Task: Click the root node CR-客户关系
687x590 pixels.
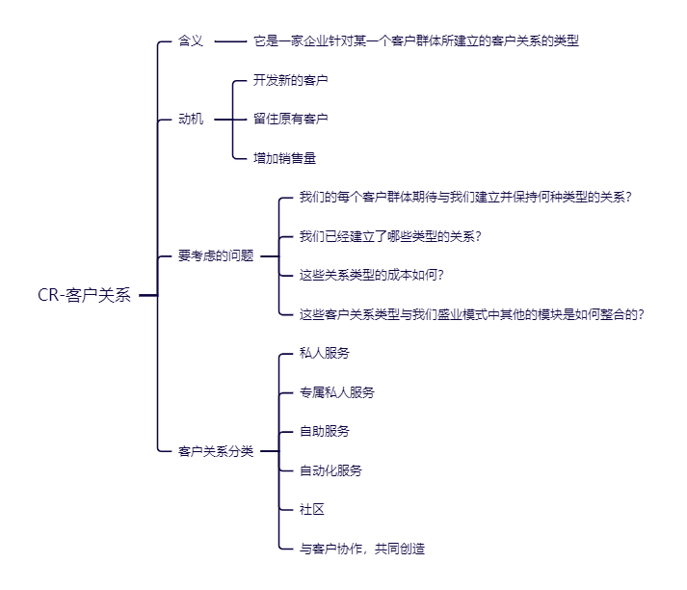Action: (x=84, y=296)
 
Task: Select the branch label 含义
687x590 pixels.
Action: (x=191, y=41)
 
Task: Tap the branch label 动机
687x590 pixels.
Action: (x=191, y=120)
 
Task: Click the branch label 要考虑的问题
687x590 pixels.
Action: (x=216, y=256)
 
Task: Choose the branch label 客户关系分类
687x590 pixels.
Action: (x=216, y=451)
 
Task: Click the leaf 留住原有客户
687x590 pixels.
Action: (x=290, y=120)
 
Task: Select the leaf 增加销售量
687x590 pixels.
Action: (x=284, y=158)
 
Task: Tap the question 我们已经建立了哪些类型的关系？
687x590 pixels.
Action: (x=390, y=236)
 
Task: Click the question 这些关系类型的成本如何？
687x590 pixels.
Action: (x=371, y=276)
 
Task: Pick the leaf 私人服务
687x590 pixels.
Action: (x=325, y=354)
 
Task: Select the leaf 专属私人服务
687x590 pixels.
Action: (x=337, y=392)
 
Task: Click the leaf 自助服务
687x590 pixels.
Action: (x=325, y=432)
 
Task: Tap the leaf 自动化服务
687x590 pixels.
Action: (x=330, y=470)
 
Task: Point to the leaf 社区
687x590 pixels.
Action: (x=312, y=509)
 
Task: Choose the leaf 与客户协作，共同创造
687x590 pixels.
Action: (x=362, y=549)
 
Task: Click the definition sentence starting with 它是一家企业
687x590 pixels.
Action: (x=416, y=41)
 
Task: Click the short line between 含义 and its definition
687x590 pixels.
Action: (x=230, y=41)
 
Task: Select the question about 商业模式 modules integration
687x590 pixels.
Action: (x=472, y=314)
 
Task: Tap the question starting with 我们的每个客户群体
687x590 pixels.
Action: (x=465, y=198)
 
